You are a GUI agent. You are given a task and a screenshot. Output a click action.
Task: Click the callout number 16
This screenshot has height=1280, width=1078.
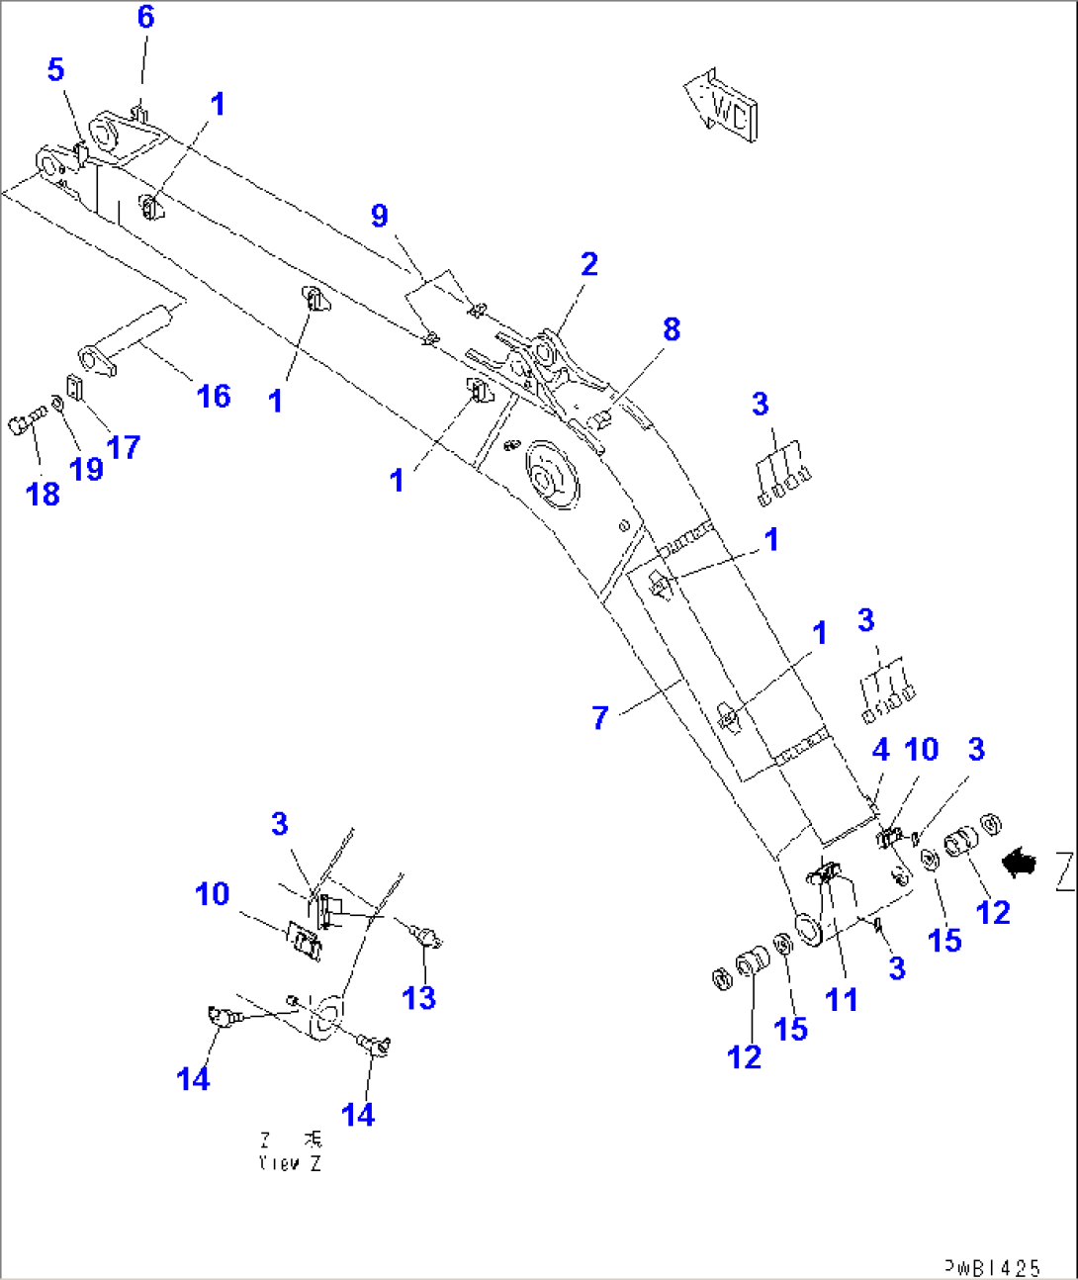point(214,397)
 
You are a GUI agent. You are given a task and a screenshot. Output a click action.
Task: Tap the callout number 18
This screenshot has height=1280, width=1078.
point(43,494)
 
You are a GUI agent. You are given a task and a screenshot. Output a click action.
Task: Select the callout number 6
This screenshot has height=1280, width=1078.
point(145,17)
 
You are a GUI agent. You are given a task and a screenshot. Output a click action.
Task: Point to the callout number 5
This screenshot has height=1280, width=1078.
point(55,69)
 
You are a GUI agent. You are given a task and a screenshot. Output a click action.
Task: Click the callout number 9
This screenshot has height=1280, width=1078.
point(380,216)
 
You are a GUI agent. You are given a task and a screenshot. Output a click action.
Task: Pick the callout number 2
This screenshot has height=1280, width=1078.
point(589,264)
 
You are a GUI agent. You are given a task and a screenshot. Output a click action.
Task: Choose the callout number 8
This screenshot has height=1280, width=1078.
point(672,329)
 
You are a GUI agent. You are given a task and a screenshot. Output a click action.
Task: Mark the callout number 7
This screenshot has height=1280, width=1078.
point(599,717)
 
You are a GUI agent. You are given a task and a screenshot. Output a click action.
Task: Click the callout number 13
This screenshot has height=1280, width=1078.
point(418,997)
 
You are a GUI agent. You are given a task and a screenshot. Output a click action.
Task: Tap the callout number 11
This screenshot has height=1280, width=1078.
point(841,999)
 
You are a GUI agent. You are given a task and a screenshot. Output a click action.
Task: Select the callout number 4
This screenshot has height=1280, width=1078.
point(880,750)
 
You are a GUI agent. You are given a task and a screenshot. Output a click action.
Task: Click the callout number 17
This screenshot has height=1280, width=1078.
point(124,447)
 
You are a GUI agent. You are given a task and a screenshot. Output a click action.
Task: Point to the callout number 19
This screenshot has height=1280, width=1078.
point(87,468)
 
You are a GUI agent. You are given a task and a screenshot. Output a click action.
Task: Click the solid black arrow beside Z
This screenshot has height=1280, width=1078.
point(1020,864)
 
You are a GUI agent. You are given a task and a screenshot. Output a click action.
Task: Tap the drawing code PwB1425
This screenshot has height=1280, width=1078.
point(991,1267)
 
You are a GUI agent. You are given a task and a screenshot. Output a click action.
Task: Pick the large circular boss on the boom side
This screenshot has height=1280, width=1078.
point(551,477)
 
